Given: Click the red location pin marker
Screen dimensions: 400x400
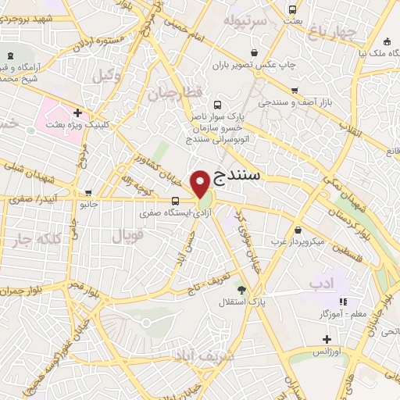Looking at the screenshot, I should pyautogui.click(x=202, y=183).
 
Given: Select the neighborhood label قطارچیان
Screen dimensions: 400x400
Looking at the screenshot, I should pyautogui.click(x=173, y=94).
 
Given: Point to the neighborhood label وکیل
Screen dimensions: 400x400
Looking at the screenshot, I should pyautogui.click(x=107, y=76).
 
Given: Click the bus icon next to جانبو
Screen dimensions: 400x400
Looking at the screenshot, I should pyautogui.click(x=87, y=193).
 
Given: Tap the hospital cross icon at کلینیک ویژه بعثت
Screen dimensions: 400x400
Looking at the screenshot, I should pyautogui.click(x=77, y=112).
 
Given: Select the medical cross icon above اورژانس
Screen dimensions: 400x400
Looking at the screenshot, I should pyautogui.click(x=327, y=339).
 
